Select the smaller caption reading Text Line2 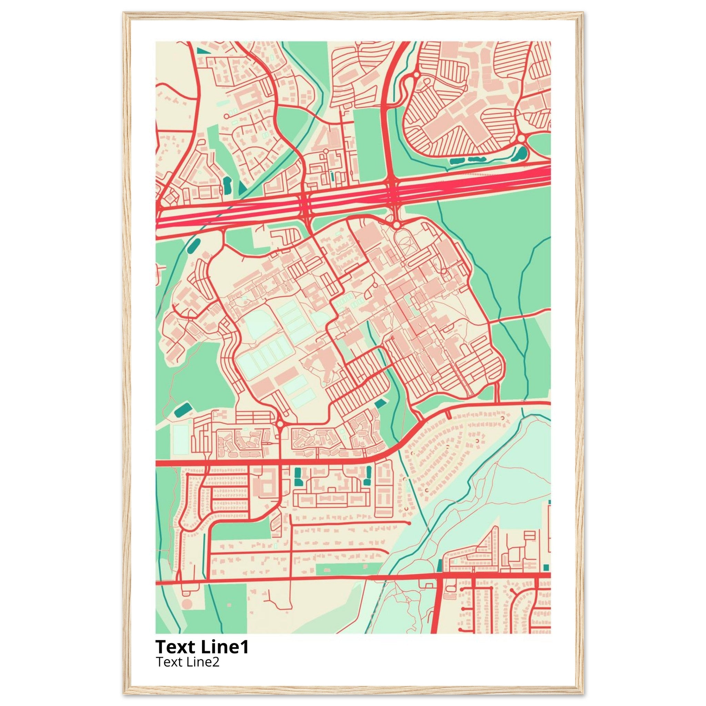188,662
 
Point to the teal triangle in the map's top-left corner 202,51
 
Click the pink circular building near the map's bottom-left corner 186,604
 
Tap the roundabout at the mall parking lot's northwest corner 416,74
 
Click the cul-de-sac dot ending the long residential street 409,523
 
